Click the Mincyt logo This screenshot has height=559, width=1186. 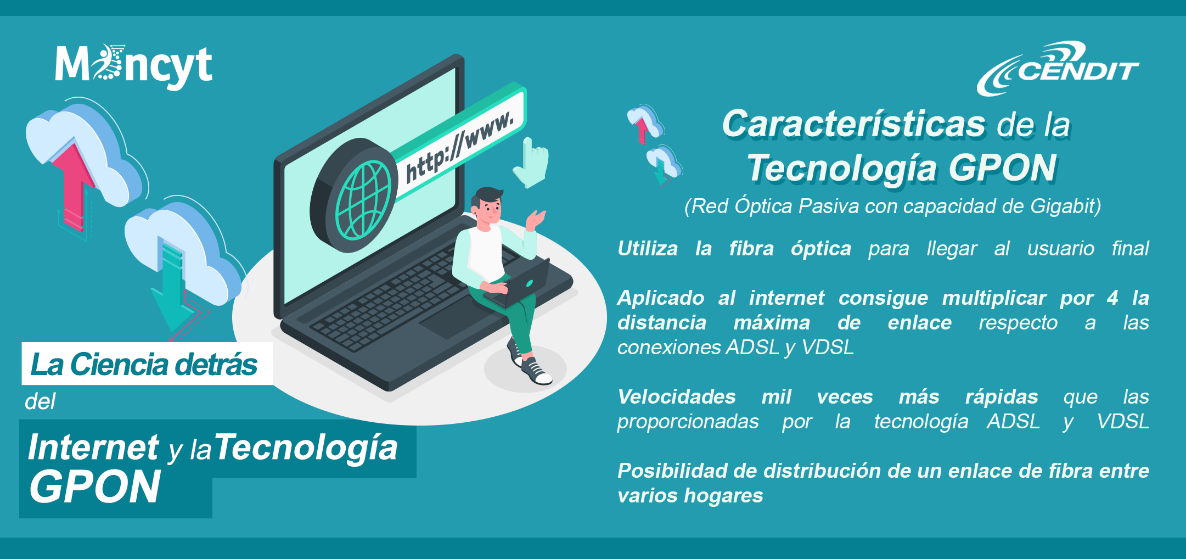pos(133,66)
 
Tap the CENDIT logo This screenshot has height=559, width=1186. pos(1058,69)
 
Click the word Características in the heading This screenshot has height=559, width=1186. pos(853,124)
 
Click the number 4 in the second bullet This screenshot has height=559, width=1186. pos(1112,298)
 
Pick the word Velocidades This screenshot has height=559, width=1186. pos(676,396)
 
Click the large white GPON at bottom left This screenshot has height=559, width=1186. pos(95,487)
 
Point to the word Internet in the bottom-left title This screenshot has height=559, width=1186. pos(93,447)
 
